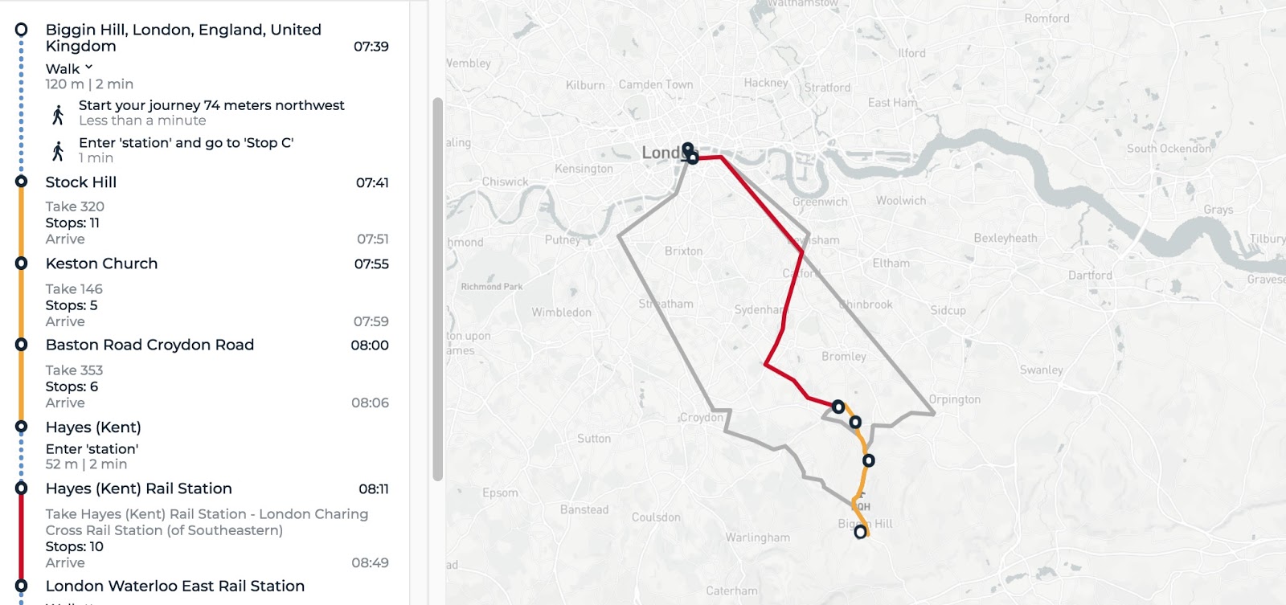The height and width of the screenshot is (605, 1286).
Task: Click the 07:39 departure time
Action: coord(371,47)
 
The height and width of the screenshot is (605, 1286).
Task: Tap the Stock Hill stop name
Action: coord(81,182)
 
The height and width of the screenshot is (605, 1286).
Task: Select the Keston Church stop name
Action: coord(101,264)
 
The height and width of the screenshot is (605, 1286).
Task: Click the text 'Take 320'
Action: coord(75,206)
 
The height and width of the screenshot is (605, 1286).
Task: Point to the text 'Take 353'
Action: coord(74,370)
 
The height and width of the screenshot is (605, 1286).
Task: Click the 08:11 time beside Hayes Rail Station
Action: coord(374,489)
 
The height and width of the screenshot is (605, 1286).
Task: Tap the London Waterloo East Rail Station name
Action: coord(175,587)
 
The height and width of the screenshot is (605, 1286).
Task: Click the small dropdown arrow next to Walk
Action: coord(89,67)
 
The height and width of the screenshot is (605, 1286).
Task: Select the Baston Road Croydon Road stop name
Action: coord(149,345)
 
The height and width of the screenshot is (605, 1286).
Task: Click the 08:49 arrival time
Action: coord(370,563)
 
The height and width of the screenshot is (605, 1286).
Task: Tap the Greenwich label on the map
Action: coord(820,202)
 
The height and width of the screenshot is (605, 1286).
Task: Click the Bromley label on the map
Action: coord(844,356)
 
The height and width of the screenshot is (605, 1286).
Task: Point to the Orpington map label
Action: coord(955,399)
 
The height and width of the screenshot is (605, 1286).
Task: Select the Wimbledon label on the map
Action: coord(561,313)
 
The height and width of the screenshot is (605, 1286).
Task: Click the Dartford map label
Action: coord(1090,275)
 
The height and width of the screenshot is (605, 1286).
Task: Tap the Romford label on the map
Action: coord(1046,18)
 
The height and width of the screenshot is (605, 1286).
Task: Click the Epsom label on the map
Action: coord(500,493)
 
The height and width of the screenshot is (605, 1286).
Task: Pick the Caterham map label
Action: coord(731,591)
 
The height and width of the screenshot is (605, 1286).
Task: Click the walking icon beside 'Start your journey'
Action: coord(58,114)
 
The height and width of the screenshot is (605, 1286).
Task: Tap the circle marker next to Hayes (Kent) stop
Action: coord(22,427)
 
